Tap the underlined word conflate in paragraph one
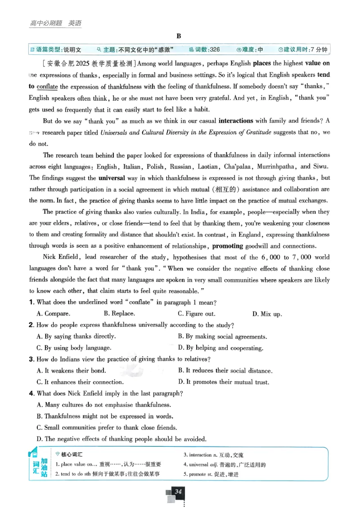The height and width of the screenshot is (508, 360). [x=47, y=86]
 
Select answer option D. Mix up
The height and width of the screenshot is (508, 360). [x=267, y=314]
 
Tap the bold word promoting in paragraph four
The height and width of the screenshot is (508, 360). [x=227, y=246]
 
